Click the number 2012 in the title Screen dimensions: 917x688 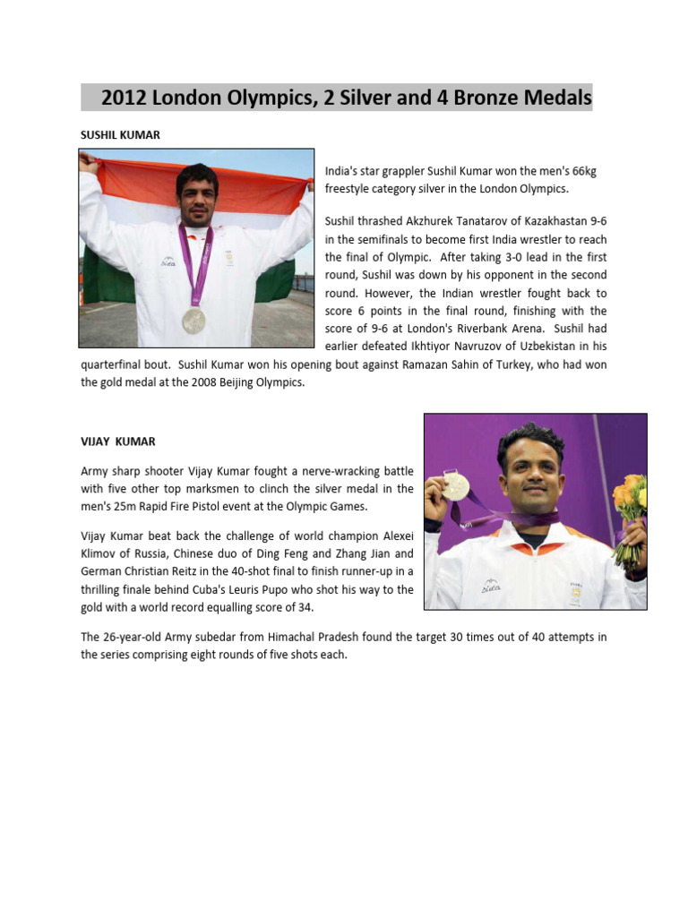tap(126, 97)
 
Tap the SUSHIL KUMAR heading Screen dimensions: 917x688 tap(120, 134)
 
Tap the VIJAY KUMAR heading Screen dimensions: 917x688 tap(118, 441)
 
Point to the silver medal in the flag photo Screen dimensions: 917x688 tap(193, 320)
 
